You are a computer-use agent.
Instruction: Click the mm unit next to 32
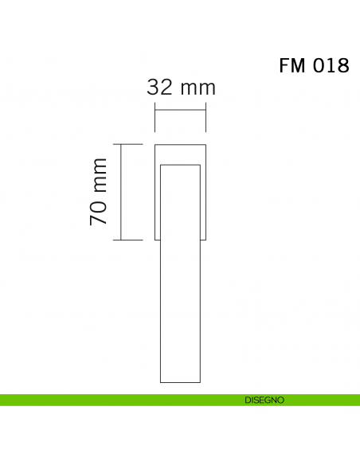[x=197, y=87]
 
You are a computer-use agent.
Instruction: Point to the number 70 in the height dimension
[x=99, y=212]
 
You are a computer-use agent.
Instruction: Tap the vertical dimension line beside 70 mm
[x=120, y=192]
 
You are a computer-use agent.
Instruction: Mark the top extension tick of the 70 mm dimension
[x=127, y=144]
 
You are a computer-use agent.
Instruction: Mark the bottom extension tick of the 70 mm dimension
[x=127, y=240]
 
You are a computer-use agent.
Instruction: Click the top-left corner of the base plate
[x=155, y=144]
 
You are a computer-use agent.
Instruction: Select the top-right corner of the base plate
[x=206, y=144]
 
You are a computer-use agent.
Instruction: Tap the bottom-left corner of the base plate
[x=155, y=240]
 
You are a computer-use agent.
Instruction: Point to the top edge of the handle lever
[x=180, y=165]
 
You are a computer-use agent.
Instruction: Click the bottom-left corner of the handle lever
[x=161, y=382]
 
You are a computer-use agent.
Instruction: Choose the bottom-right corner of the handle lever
[x=200, y=382]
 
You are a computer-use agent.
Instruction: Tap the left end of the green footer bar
[x=3, y=400]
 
